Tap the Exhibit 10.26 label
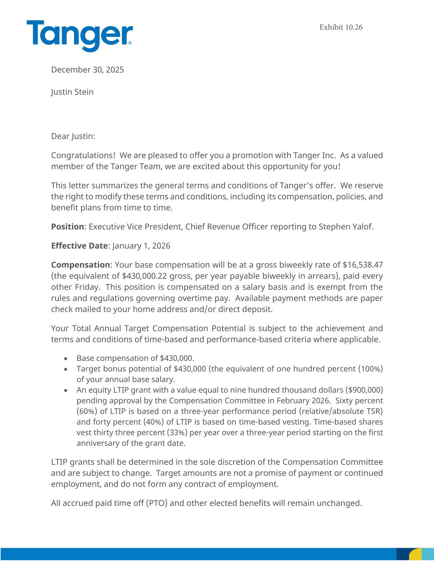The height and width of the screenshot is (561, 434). click(x=341, y=28)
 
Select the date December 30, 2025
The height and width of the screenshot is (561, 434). click(x=87, y=70)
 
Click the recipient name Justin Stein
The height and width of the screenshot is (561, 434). click(x=72, y=92)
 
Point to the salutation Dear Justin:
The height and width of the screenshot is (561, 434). click(x=73, y=136)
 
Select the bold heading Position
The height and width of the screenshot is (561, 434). click(x=67, y=227)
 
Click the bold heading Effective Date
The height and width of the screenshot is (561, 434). click(x=79, y=246)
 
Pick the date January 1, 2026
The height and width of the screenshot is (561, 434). click(x=141, y=246)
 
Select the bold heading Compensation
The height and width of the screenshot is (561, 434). click(x=80, y=265)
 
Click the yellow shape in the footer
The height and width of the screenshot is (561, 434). click(x=415, y=554)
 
